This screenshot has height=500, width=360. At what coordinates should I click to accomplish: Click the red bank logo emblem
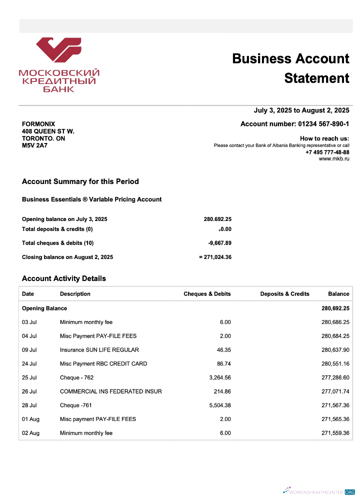[58, 52]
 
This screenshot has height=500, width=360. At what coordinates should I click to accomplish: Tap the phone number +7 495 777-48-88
[327, 152]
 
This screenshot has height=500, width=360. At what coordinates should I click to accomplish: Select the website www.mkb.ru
[334, 158]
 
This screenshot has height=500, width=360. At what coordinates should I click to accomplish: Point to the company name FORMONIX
[38, 124]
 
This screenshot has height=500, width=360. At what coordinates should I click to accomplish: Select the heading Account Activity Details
[64, 278]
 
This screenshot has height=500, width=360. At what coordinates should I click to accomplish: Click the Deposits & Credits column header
[284, 294]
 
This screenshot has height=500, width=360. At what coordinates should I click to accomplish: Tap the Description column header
[75, 294]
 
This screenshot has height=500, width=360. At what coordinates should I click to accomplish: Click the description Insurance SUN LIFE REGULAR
[99, 350]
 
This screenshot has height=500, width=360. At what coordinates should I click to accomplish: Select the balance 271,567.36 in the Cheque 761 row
[335, 405]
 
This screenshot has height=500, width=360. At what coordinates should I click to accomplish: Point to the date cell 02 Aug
[30, 433]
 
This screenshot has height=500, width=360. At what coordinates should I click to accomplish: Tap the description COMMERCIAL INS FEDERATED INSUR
[110, 391]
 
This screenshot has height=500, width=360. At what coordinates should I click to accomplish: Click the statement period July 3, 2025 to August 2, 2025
[301, 110]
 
